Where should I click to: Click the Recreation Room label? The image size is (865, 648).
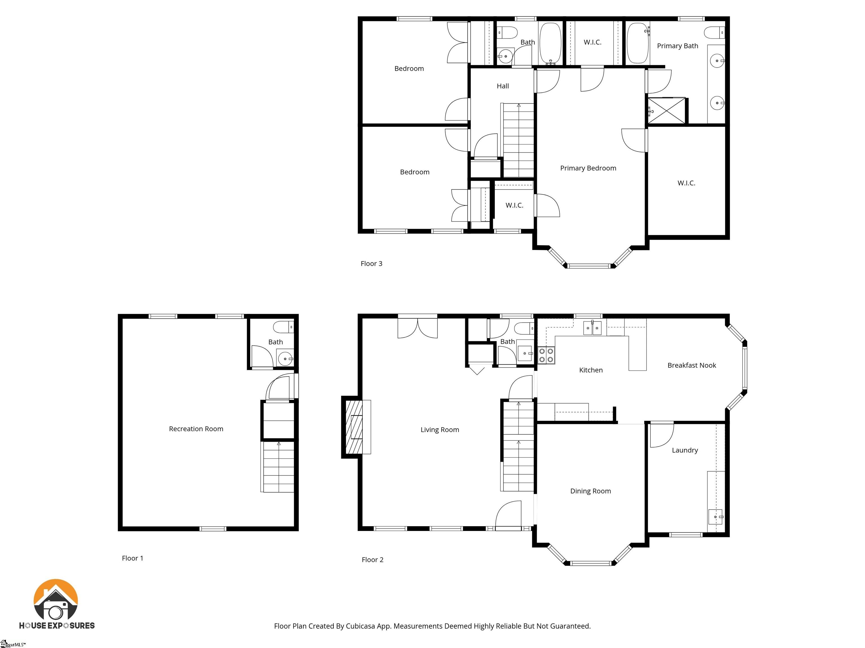[x=196, y=429]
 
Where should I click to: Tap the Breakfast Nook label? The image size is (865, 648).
[x=691, y=365]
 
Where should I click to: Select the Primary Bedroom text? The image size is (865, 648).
[x=588, y=168]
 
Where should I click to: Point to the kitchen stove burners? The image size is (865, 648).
[x=546, y=355]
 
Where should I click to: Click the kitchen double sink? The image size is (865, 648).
[x=592, y=328]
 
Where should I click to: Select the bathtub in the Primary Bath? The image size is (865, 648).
[x=637, y=43]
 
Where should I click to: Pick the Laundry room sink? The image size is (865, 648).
[x=715, y=517]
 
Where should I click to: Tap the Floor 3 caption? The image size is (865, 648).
[x=371, y=264]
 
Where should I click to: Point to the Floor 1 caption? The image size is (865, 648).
[x=132, y=558]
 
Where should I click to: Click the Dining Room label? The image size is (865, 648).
[x=590, y=491]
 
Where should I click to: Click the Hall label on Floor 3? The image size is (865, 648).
[x=503, y=86]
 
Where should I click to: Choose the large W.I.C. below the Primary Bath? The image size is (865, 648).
[x=686, y=183]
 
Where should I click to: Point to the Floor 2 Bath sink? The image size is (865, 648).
[x=525, y=353]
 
